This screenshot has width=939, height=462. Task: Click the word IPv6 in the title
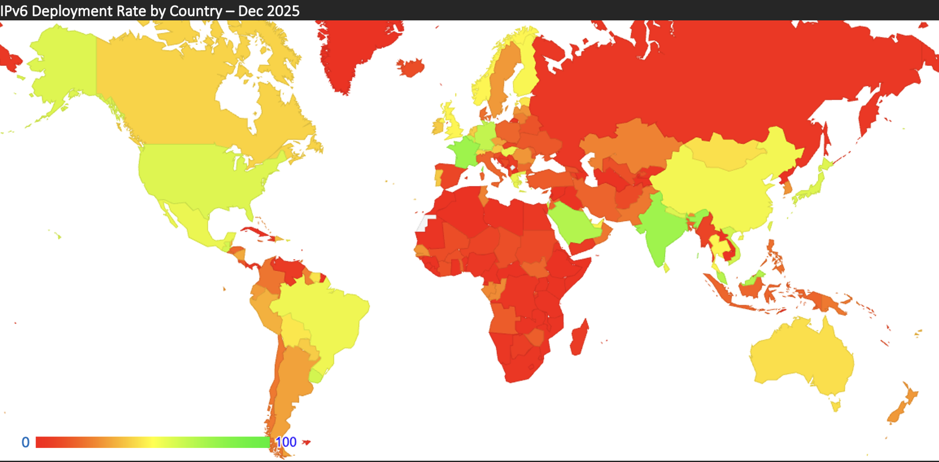(14, 11)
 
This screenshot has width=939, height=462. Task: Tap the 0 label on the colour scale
(25, 442)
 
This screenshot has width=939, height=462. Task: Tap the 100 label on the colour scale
(286, 442)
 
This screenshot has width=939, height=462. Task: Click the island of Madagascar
(579, 338)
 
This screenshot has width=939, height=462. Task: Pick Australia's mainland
(802, 357)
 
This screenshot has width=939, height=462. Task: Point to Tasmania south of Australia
(835, 405)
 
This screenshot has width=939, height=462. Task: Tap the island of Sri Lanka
(666, 268)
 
